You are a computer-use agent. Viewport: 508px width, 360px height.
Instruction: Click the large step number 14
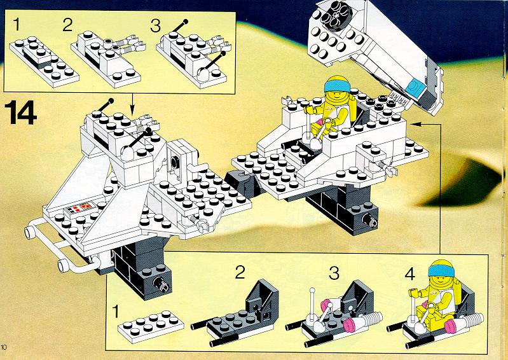21,113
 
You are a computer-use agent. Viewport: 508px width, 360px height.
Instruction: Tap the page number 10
4,347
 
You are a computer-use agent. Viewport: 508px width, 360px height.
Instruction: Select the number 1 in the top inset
17,25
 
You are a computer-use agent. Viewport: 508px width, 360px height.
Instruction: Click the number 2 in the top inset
67,25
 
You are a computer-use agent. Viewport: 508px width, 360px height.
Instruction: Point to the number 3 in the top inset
156,26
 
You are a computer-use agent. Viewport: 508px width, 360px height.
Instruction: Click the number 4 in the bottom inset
410,274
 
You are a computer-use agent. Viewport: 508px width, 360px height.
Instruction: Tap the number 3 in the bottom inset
334,273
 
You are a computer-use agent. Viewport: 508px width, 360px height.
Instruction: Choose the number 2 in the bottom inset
240,272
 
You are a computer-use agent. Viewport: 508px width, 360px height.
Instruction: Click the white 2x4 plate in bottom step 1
151,326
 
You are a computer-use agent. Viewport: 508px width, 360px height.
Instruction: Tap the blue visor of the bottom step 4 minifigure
441,271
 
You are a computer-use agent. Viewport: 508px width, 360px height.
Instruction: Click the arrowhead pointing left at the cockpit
414,123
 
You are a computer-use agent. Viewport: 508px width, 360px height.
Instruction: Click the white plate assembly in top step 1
44,62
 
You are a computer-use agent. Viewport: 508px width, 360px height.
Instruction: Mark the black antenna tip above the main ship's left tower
111,100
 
